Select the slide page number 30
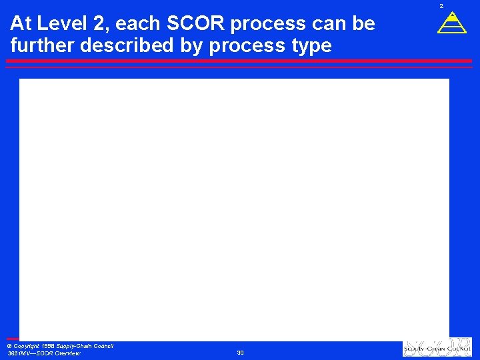(240, 352)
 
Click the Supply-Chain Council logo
(437, 348)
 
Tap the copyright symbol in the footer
(9, 346)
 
